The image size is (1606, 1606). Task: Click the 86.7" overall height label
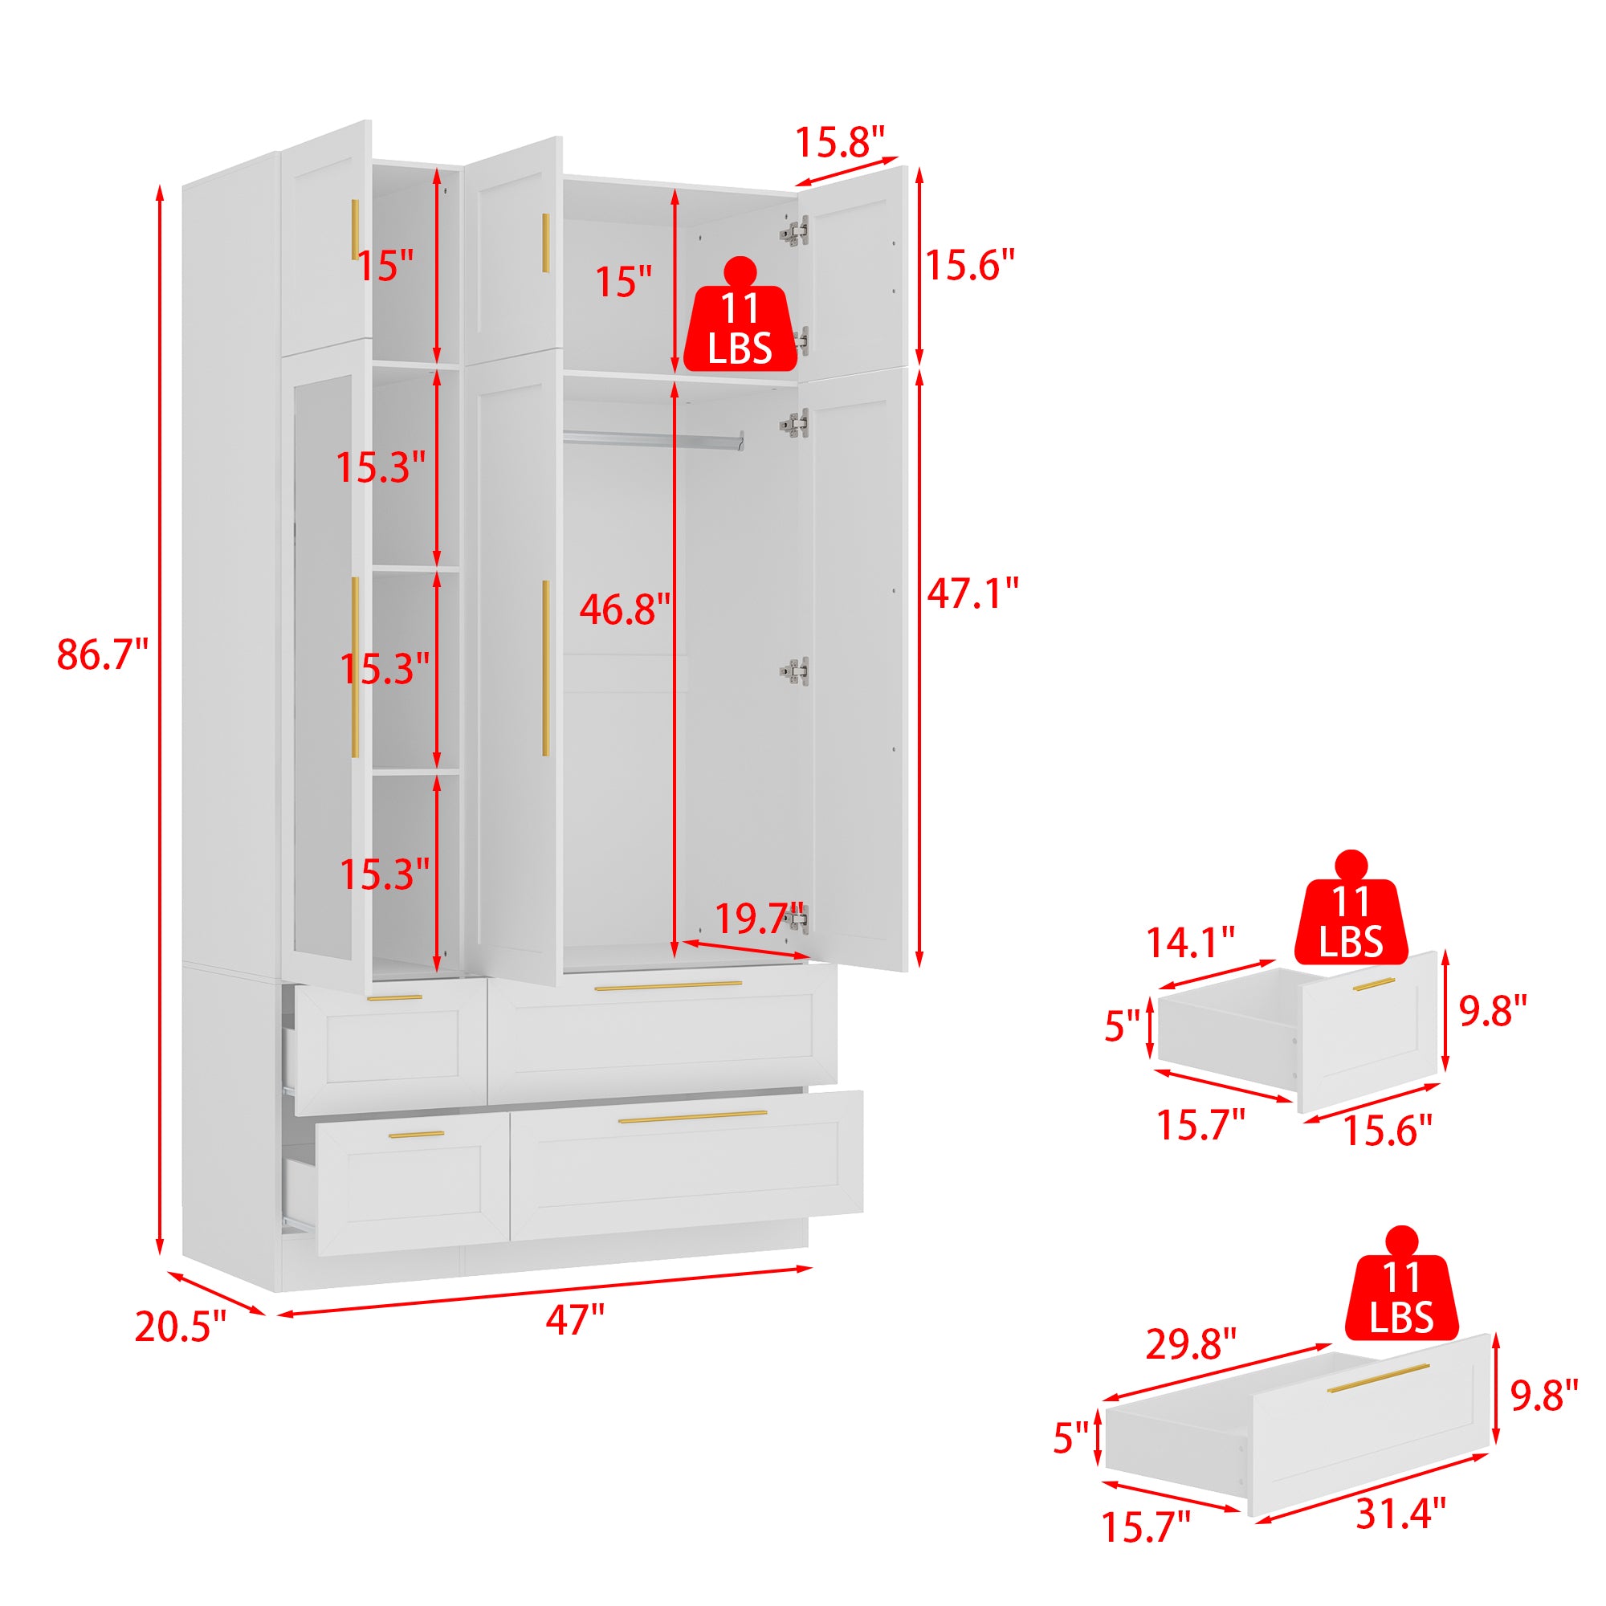tap(102, 655)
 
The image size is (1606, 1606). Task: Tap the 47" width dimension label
tap(575, 1319)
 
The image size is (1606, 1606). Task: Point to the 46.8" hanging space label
tap(625, 609)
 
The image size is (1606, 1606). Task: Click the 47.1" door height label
tap(972, 593)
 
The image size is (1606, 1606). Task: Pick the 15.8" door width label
tap(841, 141)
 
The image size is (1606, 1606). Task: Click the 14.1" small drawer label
tap(1190, 943)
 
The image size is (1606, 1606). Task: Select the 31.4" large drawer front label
tap(1400, 1513)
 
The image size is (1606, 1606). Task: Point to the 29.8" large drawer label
tap(1191, 1344)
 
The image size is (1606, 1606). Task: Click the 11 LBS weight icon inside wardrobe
tap(740, 315)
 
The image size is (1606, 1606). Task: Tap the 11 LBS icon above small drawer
tap(1351, 907)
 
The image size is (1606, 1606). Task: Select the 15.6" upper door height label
tap(970, 265)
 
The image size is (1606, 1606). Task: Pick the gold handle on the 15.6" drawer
tap(1373, 984)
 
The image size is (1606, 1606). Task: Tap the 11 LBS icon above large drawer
tap(1401, 1294)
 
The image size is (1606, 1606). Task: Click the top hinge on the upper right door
tap(795, 232)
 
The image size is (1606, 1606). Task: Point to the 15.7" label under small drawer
tap(1201, 1126)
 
